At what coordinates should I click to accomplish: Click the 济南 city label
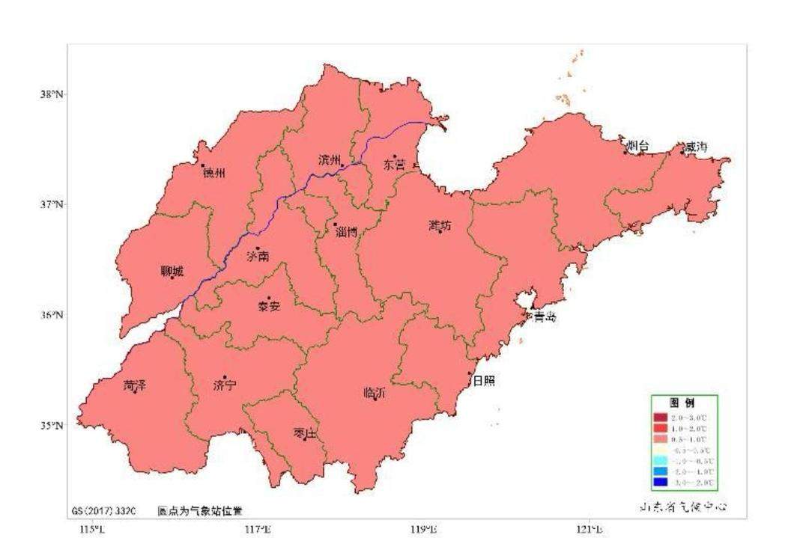coord(258,257)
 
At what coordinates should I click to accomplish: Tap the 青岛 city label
coord(545,317)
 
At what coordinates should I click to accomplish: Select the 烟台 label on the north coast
coord(638,147)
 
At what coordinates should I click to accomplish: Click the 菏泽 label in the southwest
coord(135,386)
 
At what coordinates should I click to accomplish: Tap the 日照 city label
coord(484,381)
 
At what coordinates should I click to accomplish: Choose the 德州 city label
coord(213,173)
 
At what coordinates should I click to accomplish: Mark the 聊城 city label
coord(172,272)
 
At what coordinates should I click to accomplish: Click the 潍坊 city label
coord(440,225)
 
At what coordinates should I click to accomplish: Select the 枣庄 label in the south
coord(306,433)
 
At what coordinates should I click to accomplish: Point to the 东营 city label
coord(395,163)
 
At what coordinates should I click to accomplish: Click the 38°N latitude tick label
coord(52,94)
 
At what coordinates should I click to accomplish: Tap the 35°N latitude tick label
coord(52,425)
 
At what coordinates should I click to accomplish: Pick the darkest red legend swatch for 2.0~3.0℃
coord(660,417)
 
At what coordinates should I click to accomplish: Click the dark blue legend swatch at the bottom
coord(660,483)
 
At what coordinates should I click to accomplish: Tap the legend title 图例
coord(684,402)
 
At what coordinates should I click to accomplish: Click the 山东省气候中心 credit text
coord(682,507)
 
